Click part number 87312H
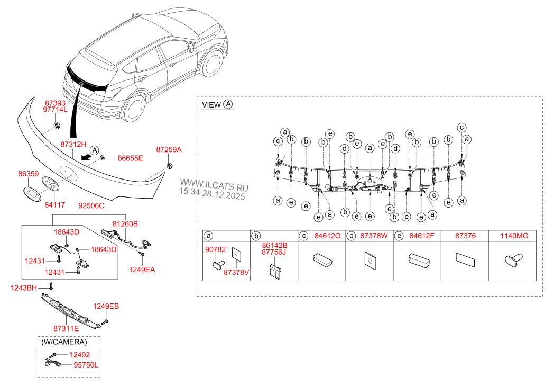tap(72, 144)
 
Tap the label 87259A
tap(169, 150)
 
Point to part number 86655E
tap(130, 158)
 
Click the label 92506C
tap(91, 205)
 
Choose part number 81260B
tap(125, 224)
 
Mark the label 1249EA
tap(142, 270)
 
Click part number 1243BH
tap(24, 288)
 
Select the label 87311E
tap(66, 328)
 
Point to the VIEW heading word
tap(211, 105)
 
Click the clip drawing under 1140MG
tap(511, 261)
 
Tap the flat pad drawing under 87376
tap(465, 259)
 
